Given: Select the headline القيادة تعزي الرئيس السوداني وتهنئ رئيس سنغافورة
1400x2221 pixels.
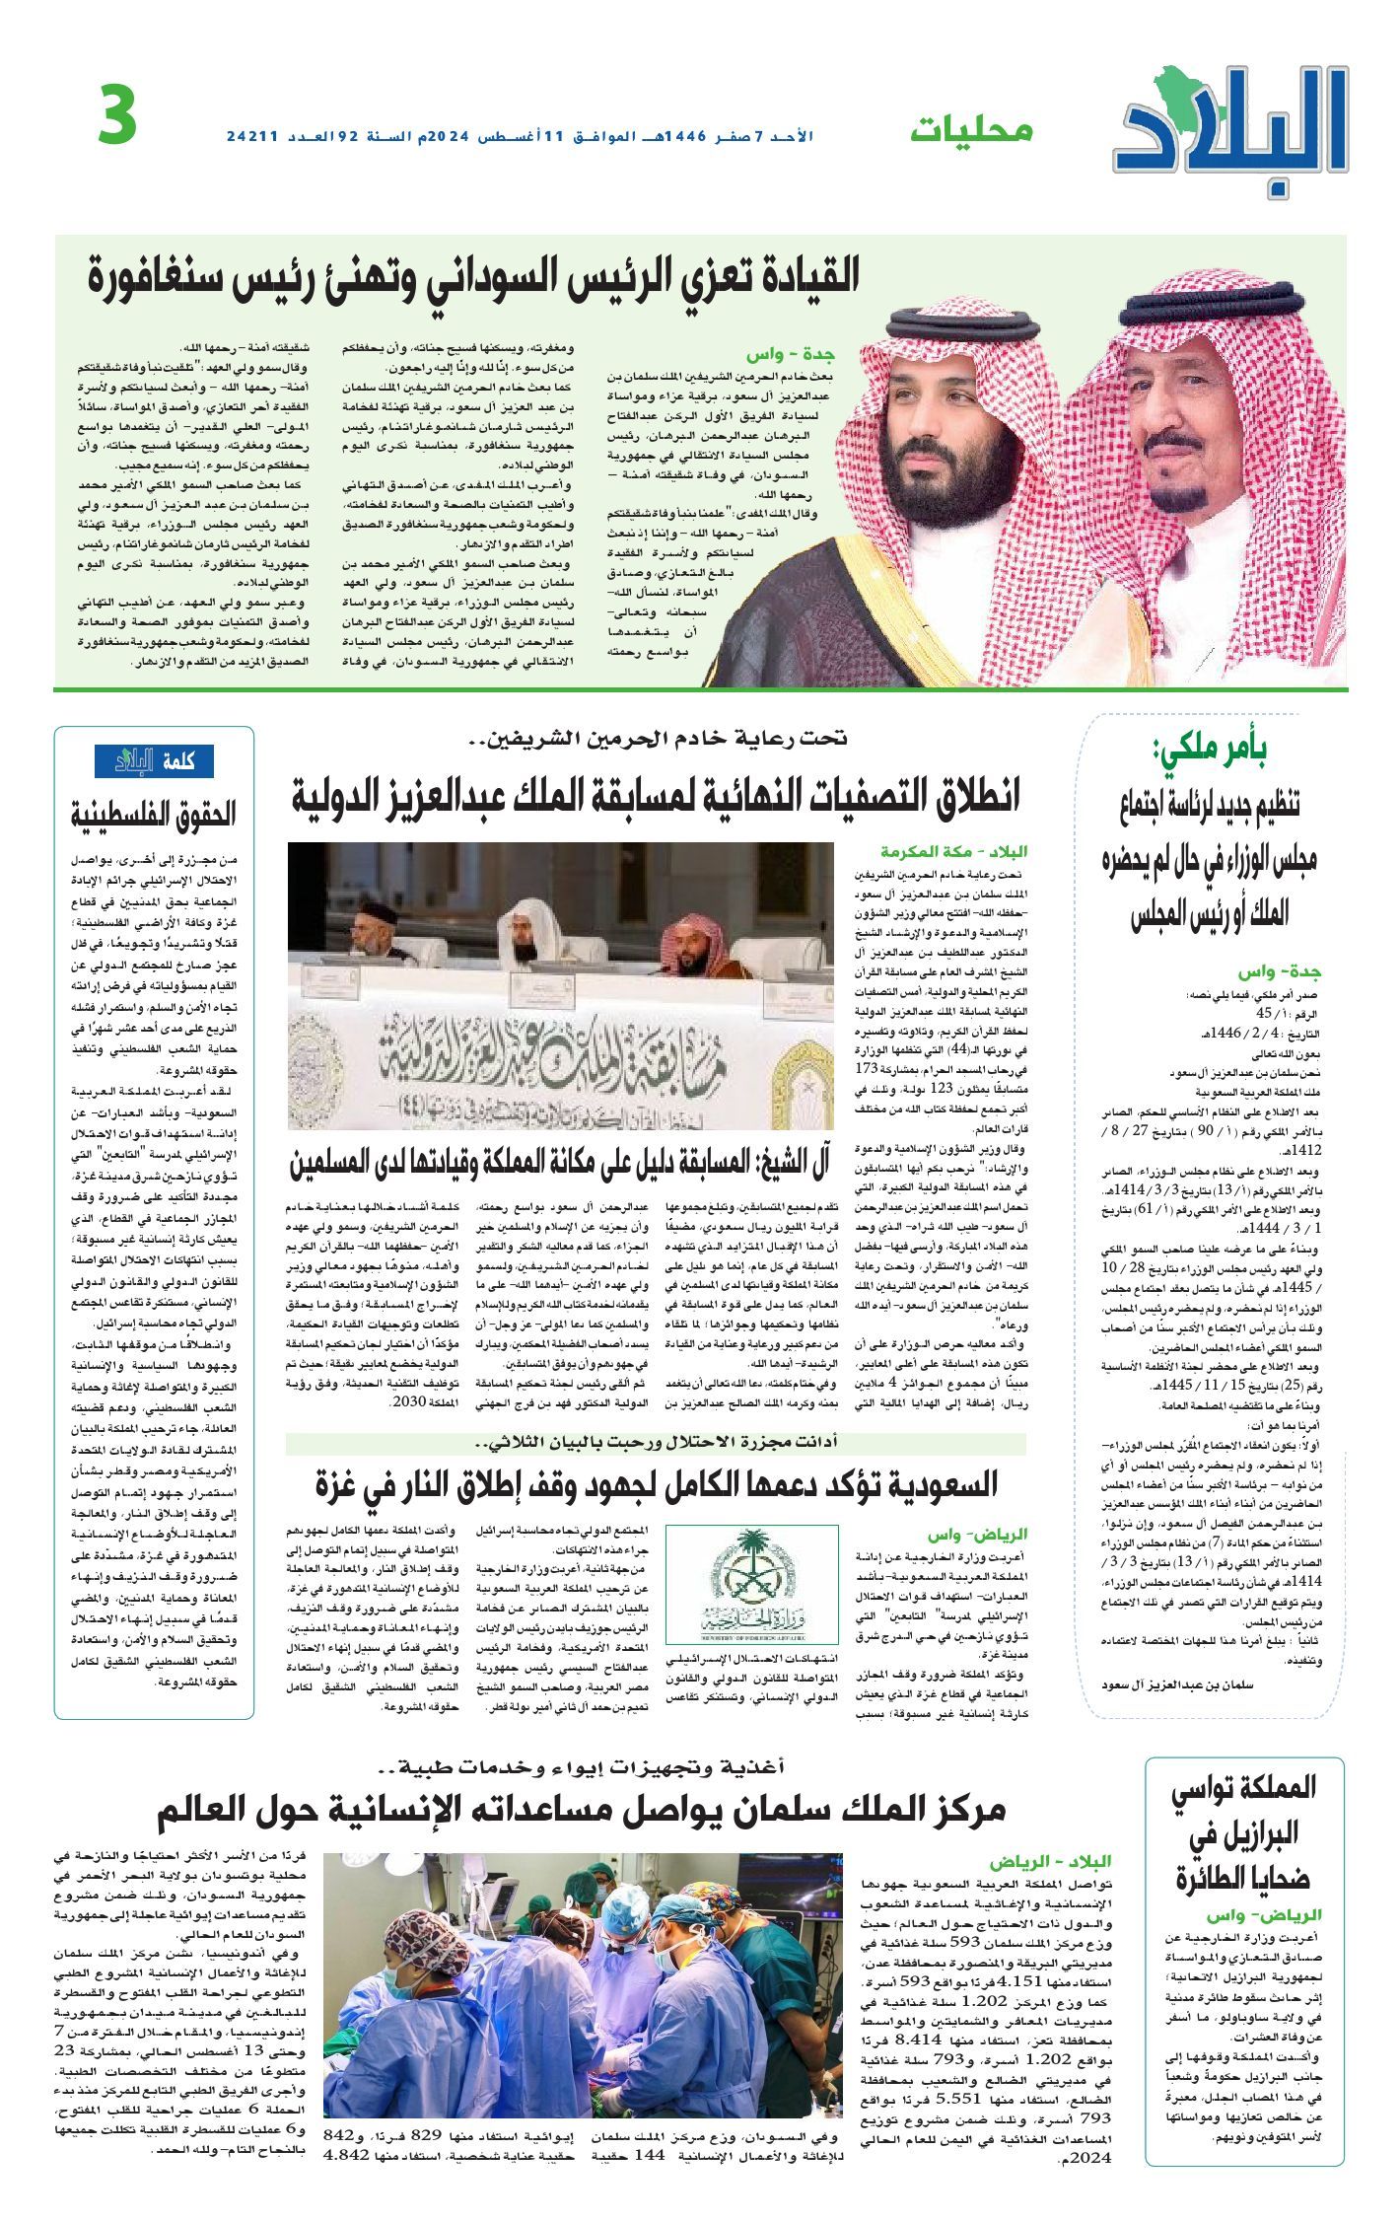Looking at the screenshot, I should pyautogui.click(x=472, y=279).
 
